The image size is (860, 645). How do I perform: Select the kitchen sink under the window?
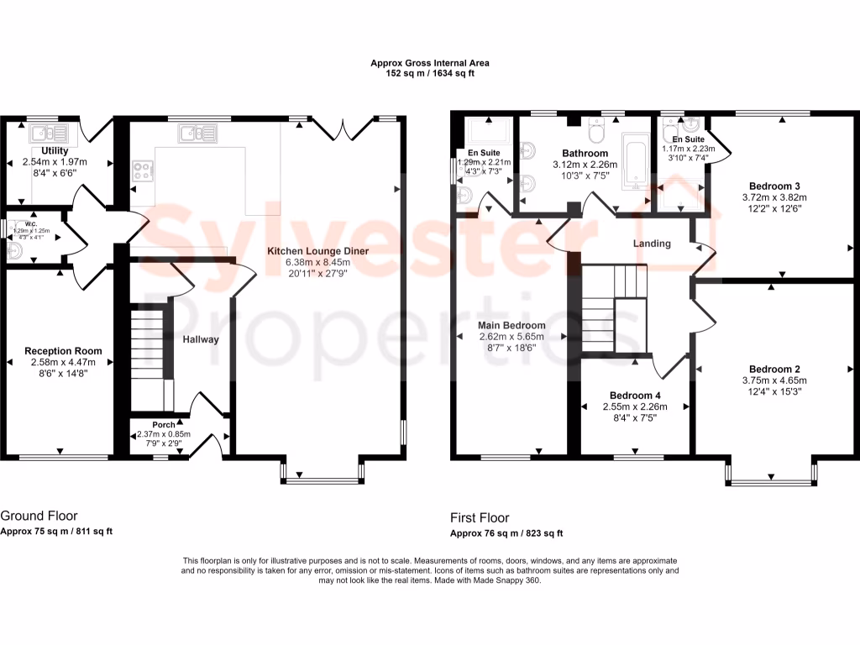coord(197,133)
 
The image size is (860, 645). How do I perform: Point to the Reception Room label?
coord(63,351)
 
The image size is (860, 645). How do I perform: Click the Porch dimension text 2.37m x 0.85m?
coord(164,434)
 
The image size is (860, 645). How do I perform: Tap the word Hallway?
coord(201,339)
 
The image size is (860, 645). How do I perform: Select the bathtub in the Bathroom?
coord(635,162)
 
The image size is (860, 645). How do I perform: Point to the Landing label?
coord(652,244)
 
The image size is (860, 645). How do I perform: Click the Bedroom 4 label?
coord(635,395)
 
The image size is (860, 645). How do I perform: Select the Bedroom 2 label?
coord(774,369)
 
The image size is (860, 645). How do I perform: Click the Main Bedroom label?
coord(511,325)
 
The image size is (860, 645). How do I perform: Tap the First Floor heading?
coord(480,517)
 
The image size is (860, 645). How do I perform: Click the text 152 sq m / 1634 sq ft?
coord(430,74)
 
